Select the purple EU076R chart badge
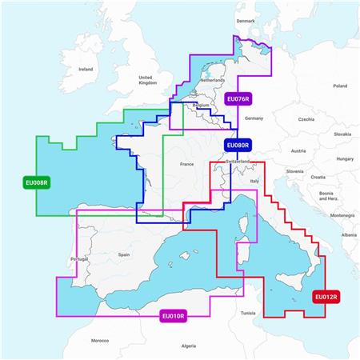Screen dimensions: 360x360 [239, 99]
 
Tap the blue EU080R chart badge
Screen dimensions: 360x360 [238, 146]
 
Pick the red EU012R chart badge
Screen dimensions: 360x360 [326, 297]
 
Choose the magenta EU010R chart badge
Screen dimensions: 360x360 [174, 316]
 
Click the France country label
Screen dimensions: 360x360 [186, 164]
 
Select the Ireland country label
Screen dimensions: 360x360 [86, 70]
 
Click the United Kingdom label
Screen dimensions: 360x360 [147, 78]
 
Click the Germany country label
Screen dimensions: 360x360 [254, 118]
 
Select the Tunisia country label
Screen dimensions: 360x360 [248, 312]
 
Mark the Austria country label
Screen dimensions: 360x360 [298, 150]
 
